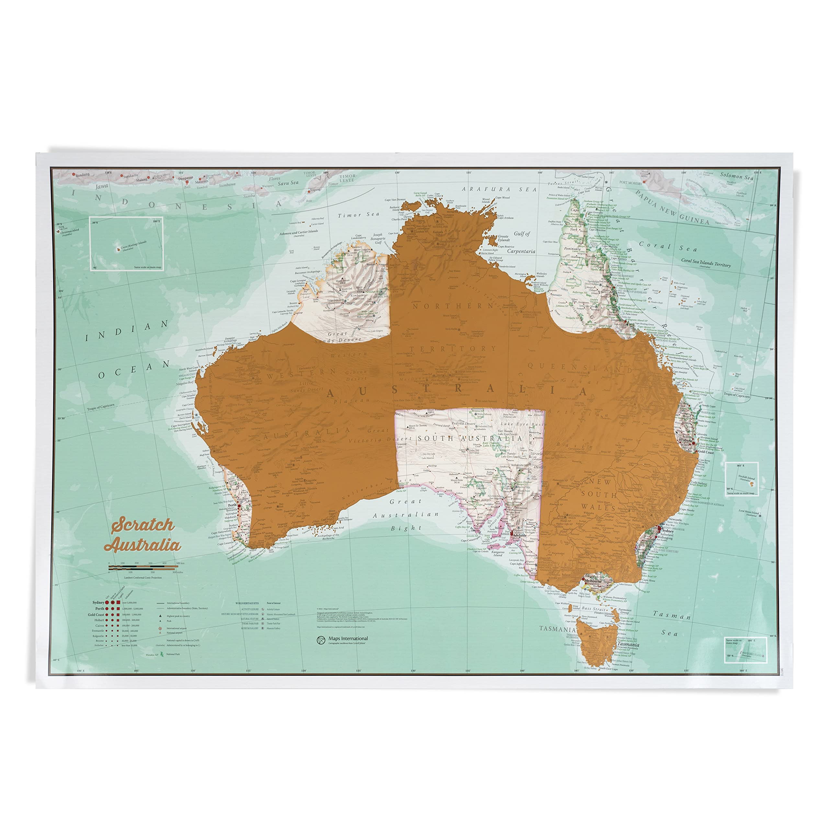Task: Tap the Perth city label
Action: coord(232,505)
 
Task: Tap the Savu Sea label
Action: coord(288,183)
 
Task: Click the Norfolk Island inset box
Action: coord(741,479)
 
